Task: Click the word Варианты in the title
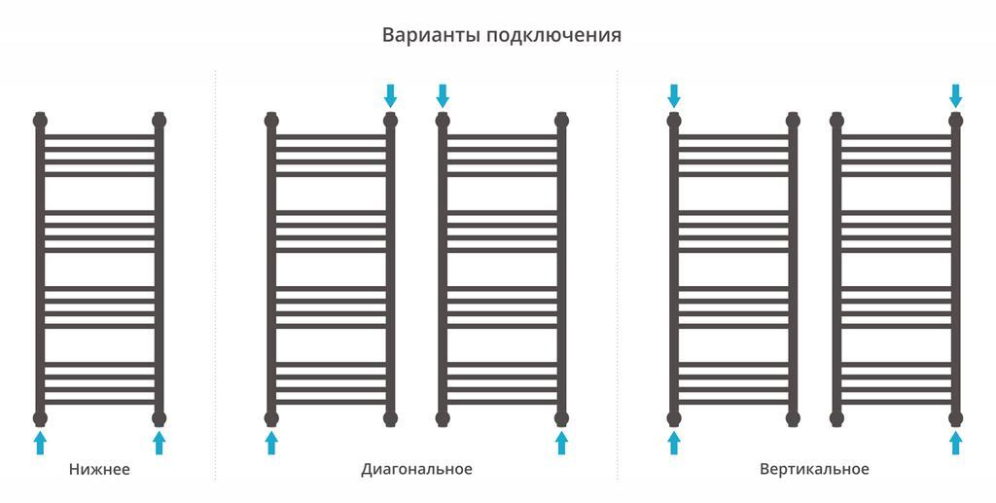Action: click(x=431, y=35)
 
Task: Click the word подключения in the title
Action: click(x=553, y=36)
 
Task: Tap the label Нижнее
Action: click(x=100, y=469)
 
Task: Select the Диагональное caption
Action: click(x=416, y=469)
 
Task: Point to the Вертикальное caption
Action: click(x=814, y=469)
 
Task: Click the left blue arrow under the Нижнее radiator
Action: click(x=40, y=443)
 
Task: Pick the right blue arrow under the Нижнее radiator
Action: click(x=159, y=443)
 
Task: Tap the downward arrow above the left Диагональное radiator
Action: click(x=390, y=96)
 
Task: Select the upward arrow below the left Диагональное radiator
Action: click(x=271, y=443)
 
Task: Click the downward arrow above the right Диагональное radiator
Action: click(x=443, y=96)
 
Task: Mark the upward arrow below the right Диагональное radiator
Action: click(x=561, y=443)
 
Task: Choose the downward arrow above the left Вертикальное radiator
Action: click(x=674, y=96)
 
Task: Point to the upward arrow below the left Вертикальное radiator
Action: click(x=674, y=443)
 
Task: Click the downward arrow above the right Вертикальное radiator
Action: click(x=955, y=96)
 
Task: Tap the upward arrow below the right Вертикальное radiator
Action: click(x=955, y=443)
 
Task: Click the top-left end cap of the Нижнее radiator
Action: click(x=40, y=120)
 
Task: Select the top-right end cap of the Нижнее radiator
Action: click(x=159, y=120)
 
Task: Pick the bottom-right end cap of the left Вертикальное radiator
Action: click(x=793, y=418)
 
